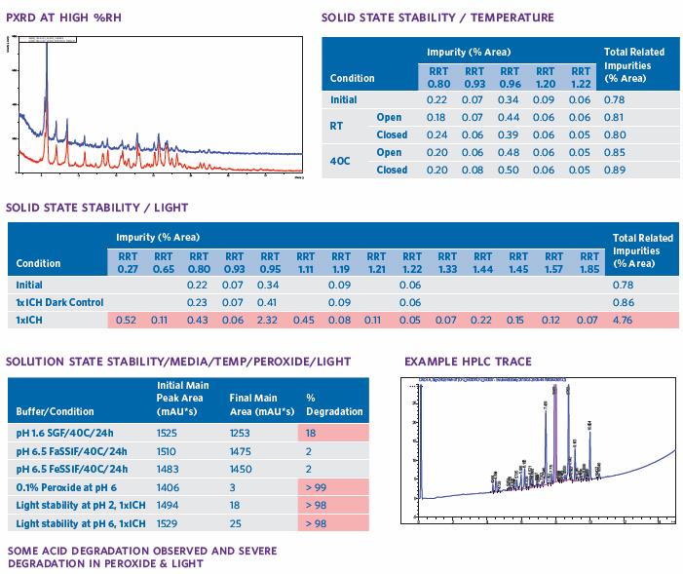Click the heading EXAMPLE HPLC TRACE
(468, 362)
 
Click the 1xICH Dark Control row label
(59, 303)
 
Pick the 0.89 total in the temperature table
(616, 170)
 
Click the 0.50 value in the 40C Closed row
(509, 170)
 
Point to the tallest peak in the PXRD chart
(47, 58)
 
